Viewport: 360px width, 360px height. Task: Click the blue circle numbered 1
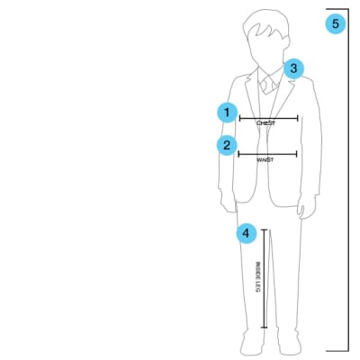[x=227, y=112]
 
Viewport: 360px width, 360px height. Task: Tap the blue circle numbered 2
[x=227, y=146]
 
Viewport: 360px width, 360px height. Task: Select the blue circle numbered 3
[x=293, y=68]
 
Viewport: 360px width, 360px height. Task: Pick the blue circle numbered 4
[x=247, y=233]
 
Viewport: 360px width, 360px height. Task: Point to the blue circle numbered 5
[x=336, y=23]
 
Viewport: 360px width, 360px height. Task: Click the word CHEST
[x=265, y=123]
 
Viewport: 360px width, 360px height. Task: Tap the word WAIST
[x=265, y=159]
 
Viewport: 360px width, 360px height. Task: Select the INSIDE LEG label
[x=257, y=277]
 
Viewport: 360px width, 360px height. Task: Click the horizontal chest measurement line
[x=269, y=119]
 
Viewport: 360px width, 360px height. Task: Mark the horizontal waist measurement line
[x=267, y=154]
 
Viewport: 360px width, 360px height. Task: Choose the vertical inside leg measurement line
[x=265, y=279]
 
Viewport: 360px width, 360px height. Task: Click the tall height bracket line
[x=348, y=180]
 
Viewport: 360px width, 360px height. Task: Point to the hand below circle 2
[x=229, y=203]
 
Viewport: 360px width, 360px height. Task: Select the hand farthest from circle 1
[x=308, y=207]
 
